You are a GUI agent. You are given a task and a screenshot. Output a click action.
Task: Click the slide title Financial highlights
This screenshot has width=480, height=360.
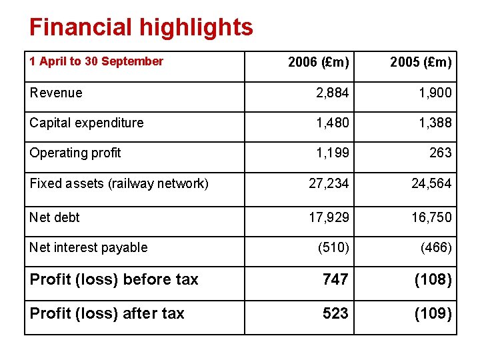141,27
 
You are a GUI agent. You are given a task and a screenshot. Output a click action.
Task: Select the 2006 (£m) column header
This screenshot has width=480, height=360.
318,63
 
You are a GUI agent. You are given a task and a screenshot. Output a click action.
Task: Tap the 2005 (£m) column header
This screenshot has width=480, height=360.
421,63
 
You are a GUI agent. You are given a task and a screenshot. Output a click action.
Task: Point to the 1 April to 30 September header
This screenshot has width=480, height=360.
96,61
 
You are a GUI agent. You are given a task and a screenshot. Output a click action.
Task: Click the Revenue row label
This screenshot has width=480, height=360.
56,93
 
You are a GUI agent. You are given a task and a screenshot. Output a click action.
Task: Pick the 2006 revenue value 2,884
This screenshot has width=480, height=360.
332,93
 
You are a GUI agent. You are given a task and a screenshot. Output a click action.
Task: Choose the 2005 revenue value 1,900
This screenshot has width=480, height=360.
435,93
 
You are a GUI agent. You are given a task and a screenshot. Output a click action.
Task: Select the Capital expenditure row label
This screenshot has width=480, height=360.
86,123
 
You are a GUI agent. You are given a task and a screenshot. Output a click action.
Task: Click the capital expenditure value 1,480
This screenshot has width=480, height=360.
332,123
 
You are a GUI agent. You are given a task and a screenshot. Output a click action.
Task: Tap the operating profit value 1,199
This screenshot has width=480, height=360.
332,153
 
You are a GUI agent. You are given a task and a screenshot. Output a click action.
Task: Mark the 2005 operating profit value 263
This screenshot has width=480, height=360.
440,153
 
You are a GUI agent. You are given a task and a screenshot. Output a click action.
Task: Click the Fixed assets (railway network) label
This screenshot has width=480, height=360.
119,183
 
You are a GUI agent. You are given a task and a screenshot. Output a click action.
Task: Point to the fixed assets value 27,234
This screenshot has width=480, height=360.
328,183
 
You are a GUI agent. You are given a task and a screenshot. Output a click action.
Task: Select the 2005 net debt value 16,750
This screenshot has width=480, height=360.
431,217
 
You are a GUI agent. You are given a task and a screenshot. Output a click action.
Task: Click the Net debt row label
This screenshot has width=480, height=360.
55,217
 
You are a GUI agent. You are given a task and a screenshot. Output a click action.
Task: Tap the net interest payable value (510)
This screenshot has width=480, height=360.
333,248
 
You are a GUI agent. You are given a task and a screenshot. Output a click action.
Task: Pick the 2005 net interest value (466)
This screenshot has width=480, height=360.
436,248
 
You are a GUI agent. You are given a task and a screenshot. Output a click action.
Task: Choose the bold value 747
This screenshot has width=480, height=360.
335,280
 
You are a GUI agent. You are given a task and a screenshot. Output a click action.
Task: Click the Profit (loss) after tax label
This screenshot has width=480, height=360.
107,313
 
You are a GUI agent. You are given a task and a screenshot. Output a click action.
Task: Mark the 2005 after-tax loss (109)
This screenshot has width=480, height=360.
433,313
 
